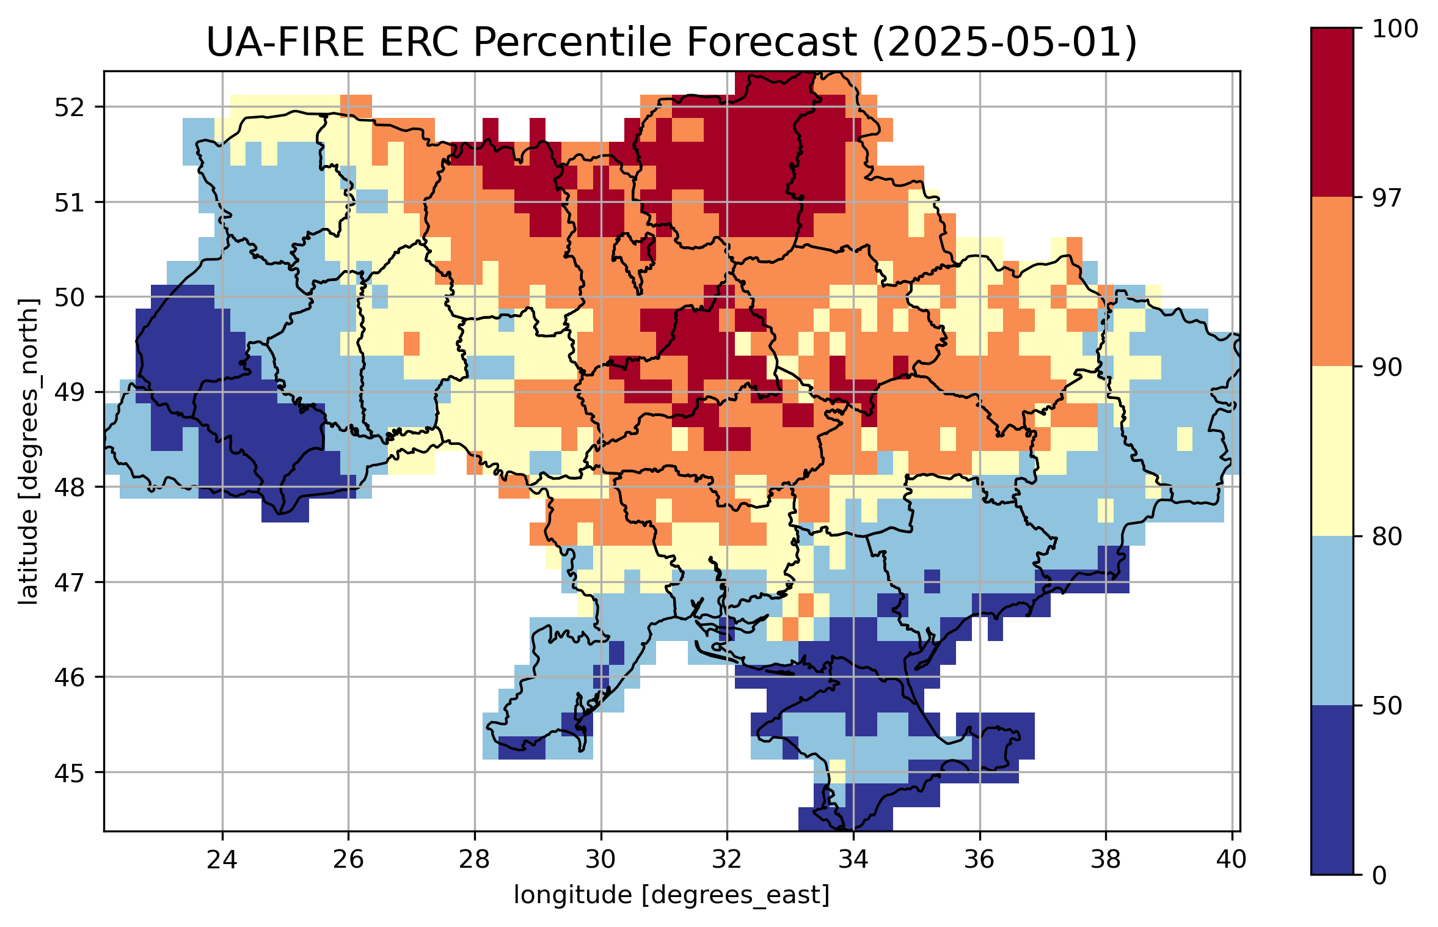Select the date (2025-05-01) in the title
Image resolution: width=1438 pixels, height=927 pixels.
click(x=1004, y=43)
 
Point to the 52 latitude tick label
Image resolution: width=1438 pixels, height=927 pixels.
click(x=69, y=108)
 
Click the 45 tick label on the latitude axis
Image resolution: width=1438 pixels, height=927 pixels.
click(x=69, y=773)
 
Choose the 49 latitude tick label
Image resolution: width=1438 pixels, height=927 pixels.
click(x=69, y=392)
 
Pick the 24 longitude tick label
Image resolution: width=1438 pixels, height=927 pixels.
click(x=222, y=860)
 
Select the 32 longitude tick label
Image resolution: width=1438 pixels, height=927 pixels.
click(x=727, y=860)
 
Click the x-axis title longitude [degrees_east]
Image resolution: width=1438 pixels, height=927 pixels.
click(x=671, y=895)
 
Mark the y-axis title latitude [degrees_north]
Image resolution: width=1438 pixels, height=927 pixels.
click(x=28, y=452)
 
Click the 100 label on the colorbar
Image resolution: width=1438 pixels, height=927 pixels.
click(x=1395, y=29)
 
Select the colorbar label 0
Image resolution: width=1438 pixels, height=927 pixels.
click(x=1379, y=876)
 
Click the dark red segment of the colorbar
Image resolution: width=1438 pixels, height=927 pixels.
click(x=1332, y=112)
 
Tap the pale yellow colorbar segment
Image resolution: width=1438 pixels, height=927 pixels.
click(x=1332, y=451)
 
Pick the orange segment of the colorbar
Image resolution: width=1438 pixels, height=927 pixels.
click(x=1332, y=282)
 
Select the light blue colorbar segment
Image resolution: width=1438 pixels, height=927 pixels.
click(x=1332, y=620)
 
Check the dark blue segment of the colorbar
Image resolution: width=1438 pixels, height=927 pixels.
click(x=1332, y=790)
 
